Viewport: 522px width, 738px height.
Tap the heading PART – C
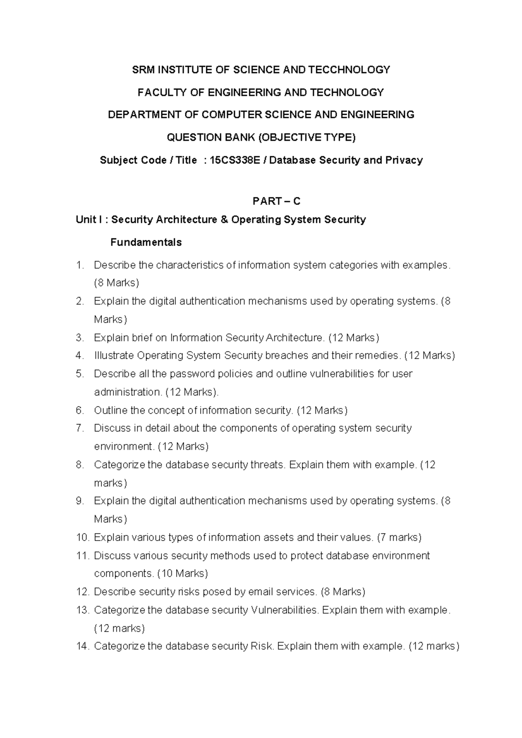(x=277, y=201)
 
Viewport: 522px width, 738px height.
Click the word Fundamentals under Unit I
(x=146, y=242)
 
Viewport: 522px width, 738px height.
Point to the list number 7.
(x=79, y=428)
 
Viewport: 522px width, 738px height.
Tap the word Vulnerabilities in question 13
(x=285, y=610)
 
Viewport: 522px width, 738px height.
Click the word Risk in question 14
(x=262, y=646)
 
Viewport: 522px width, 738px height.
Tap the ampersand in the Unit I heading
(x=224, y=219)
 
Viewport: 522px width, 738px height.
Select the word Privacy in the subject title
(x=404, y=160)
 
